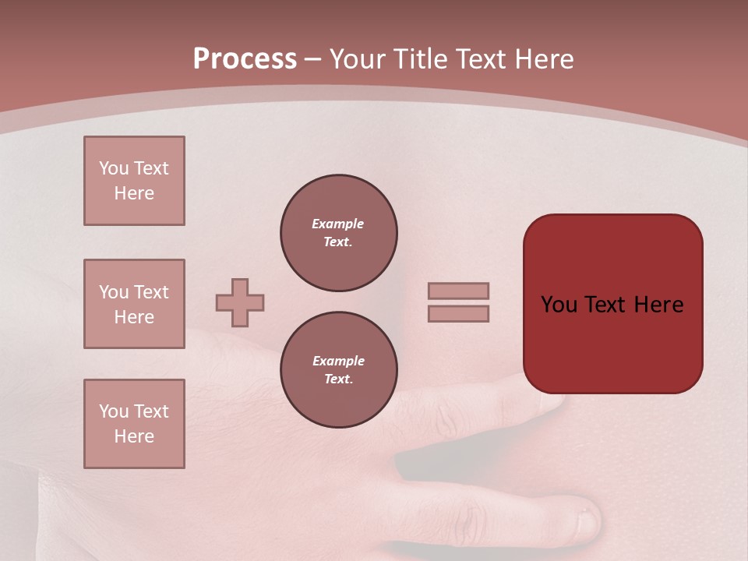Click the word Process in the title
245,59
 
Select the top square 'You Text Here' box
134,181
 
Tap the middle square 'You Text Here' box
134,304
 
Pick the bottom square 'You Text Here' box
134,424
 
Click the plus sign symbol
240,302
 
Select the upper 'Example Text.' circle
338,233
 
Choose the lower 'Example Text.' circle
338,370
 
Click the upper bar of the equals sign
458,291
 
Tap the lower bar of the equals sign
458,313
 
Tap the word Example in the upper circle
338,224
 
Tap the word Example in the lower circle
338,361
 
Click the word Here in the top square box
134,193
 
